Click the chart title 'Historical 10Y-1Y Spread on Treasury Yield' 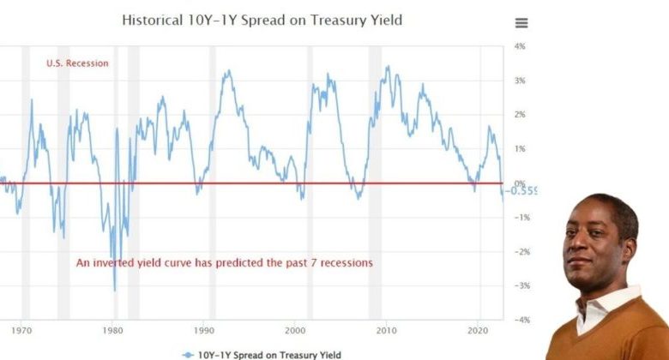262,19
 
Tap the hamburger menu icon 521,23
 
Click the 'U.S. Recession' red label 77,63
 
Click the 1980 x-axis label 113,329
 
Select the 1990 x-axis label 205,329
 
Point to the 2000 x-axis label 296,329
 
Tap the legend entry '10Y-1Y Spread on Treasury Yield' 268,354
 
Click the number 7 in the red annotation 322,263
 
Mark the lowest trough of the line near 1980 115,291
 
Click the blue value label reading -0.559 524,190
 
